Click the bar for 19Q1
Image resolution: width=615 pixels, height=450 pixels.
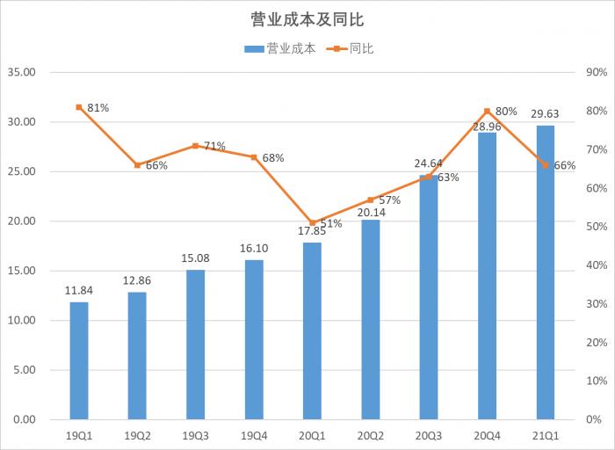coord(79,360)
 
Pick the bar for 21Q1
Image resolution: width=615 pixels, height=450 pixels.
coord(545,272)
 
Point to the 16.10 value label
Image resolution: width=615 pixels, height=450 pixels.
coord(253,250)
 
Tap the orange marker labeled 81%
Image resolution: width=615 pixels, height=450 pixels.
coord(79,107)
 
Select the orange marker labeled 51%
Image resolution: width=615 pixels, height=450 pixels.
coord(312,222)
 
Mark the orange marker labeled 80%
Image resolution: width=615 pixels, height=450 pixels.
coord(487,111)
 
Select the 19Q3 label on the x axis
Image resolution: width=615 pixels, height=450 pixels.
coord(195,435)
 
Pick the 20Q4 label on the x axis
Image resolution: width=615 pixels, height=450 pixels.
coord(487,435)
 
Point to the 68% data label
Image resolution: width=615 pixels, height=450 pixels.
coord(273,158)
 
